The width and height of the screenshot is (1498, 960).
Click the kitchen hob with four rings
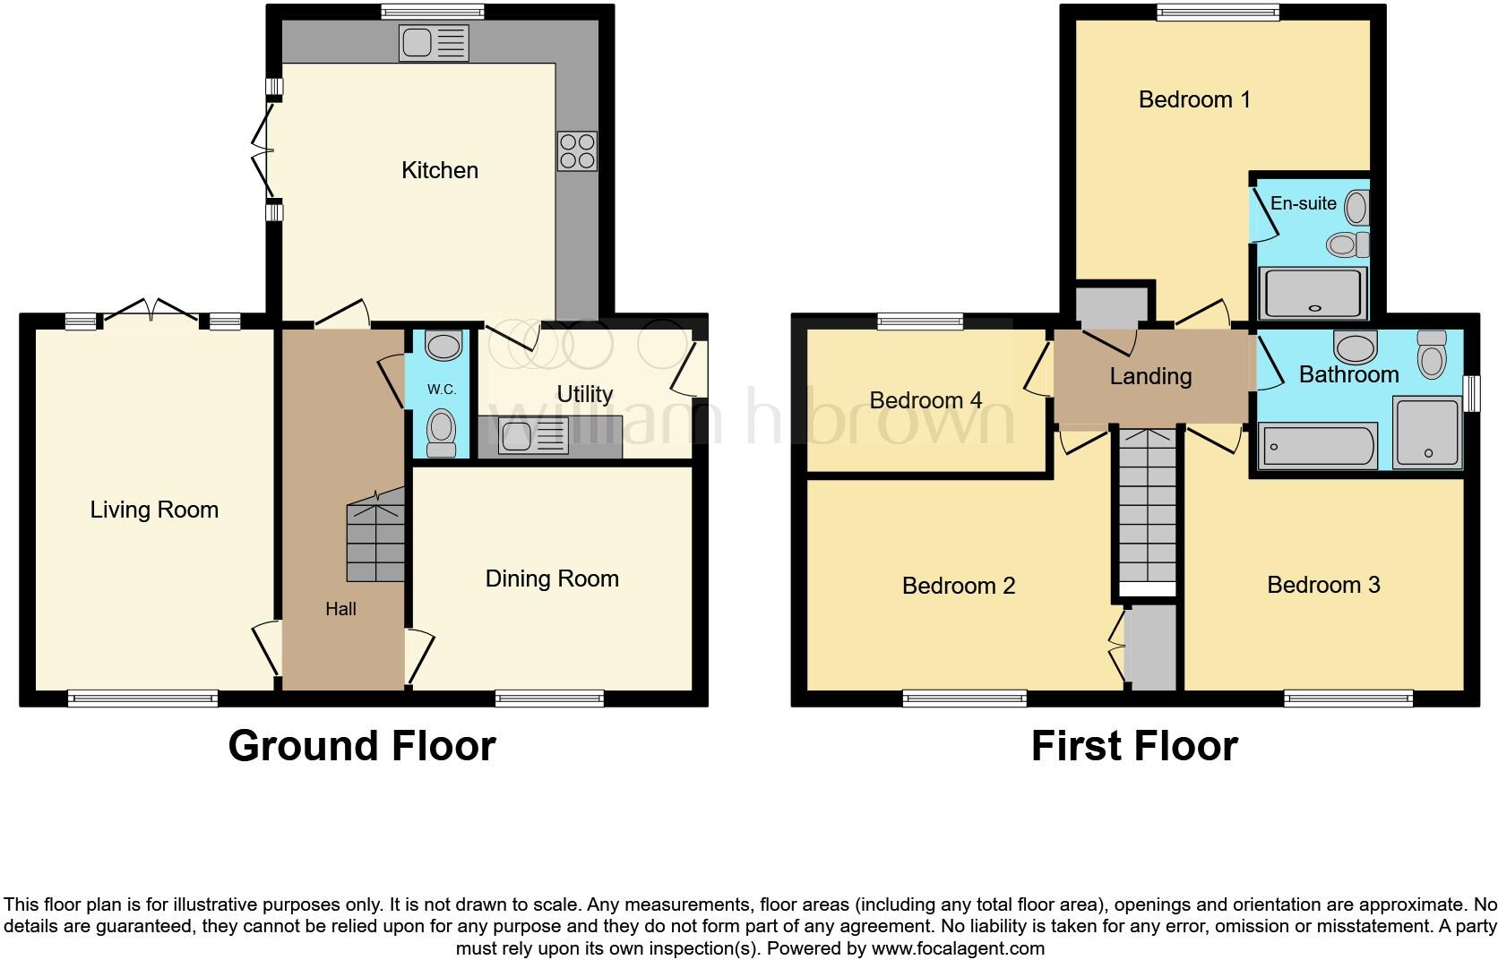pos(577,151)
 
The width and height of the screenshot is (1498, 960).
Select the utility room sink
pos(533,437)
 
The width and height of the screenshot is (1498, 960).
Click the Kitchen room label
pos(439,170)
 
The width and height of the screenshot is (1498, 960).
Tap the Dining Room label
pos(552,579)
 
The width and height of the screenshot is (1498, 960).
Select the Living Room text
pos(154,510)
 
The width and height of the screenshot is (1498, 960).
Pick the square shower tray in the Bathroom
pos(1427,433)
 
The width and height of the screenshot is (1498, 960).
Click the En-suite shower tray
pos(1313,293)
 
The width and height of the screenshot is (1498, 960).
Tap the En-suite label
pos(1303,203)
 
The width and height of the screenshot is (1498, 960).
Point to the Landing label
pos(1150,376)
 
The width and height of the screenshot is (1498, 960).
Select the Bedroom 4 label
pos(925,400)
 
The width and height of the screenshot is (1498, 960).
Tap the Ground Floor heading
pos(361,746)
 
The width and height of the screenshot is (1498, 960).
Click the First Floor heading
pos(1134,746)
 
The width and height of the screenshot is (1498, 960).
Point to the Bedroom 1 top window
pos(1217,12)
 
